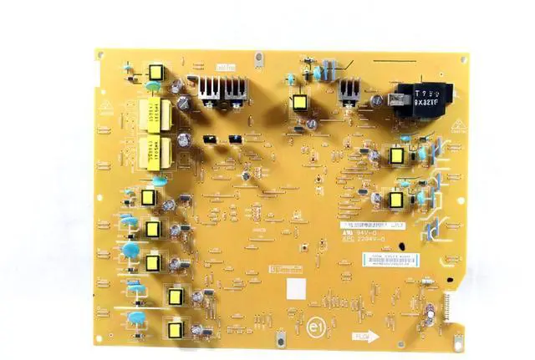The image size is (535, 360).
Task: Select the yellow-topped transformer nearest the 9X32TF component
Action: pyautogui.click(x=395, y=156)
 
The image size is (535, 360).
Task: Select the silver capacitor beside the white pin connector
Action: pyautogui.click(x=428, y=311)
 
